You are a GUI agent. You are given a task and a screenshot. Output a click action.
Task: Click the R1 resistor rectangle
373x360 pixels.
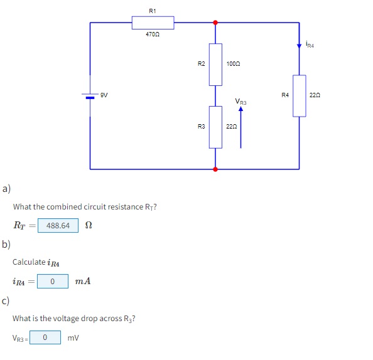153,23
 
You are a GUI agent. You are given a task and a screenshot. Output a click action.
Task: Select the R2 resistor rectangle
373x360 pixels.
215,64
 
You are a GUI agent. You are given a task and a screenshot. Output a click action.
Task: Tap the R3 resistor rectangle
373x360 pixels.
215,127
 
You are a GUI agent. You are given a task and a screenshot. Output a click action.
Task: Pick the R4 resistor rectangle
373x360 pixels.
299,95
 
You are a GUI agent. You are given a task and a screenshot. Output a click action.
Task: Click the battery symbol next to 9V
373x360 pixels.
90,96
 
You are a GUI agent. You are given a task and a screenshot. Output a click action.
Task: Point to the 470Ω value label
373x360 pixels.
153,33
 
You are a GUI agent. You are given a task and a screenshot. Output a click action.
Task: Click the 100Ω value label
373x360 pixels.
233,64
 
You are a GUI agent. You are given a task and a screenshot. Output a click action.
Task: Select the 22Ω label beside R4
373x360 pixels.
315,95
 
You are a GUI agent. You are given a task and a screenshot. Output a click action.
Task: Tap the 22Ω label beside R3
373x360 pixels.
232,127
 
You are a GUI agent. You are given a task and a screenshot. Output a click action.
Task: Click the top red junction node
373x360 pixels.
215,23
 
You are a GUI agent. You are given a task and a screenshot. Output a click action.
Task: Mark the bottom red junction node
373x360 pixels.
215,169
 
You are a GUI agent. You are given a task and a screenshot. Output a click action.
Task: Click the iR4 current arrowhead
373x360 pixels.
299,45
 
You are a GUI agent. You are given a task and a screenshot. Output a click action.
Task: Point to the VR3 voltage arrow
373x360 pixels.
241,129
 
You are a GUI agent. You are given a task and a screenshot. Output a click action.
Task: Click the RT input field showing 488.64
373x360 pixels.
58,225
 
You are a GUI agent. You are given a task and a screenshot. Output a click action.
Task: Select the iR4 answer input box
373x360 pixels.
52,282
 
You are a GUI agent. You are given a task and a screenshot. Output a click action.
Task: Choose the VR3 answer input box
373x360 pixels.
46,338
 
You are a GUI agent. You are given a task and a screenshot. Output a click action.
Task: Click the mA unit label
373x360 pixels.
83,282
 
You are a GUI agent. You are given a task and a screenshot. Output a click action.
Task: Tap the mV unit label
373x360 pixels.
73,338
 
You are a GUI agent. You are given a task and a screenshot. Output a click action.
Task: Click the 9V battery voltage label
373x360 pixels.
104,95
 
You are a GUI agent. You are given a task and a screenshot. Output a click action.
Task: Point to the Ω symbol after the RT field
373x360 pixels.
88,225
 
